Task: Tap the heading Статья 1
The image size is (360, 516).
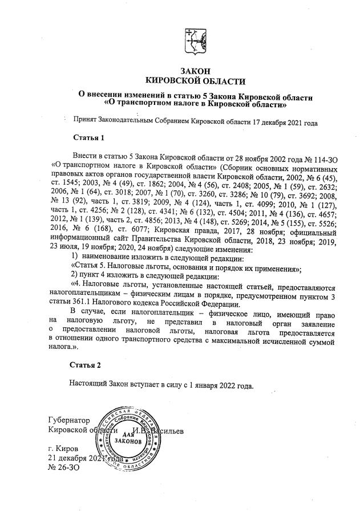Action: tap(90, 138)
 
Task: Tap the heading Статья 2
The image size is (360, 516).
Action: tap(86, 364)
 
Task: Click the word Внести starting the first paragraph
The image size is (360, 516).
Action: tap(87, 156)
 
